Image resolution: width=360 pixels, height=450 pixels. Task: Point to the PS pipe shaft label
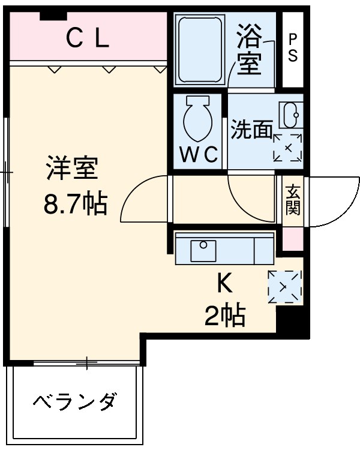point(293,48)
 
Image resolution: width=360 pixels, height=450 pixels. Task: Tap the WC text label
point(199,154)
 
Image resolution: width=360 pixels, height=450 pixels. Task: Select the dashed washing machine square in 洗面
point(287,148)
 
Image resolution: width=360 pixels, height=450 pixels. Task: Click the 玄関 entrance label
point(293,200)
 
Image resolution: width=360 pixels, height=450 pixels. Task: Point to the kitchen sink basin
point(203,251)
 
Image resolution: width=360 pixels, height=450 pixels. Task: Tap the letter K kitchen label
point(224,283)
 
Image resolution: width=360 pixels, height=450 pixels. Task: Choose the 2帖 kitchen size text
point(225,316)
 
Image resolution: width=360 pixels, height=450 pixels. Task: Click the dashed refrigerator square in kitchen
point(284,287)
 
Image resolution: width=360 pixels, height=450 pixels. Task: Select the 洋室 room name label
point(72,168)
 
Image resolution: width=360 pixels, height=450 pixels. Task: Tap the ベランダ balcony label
point(75,400)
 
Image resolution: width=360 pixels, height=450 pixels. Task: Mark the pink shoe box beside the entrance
point(293,239)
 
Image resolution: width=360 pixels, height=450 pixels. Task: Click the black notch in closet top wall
point(53,16)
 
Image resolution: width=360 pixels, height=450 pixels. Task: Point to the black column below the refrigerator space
point(292,321)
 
